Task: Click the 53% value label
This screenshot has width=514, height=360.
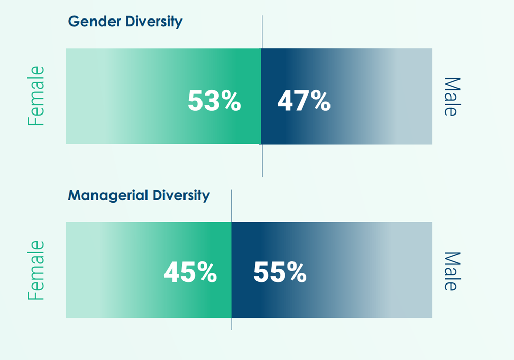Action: click(214, 101)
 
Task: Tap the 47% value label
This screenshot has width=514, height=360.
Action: click(304, 101)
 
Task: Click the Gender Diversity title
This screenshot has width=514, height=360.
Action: click(125, 22)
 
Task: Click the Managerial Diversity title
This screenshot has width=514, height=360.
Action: click(139, 195)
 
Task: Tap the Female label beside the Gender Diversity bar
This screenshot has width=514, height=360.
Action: click(36, 96)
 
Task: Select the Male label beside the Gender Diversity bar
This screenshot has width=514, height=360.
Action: click(450, 97)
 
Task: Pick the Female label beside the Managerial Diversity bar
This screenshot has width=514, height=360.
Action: click(36, 270)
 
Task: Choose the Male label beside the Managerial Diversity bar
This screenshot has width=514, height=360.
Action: click(450, 271)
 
